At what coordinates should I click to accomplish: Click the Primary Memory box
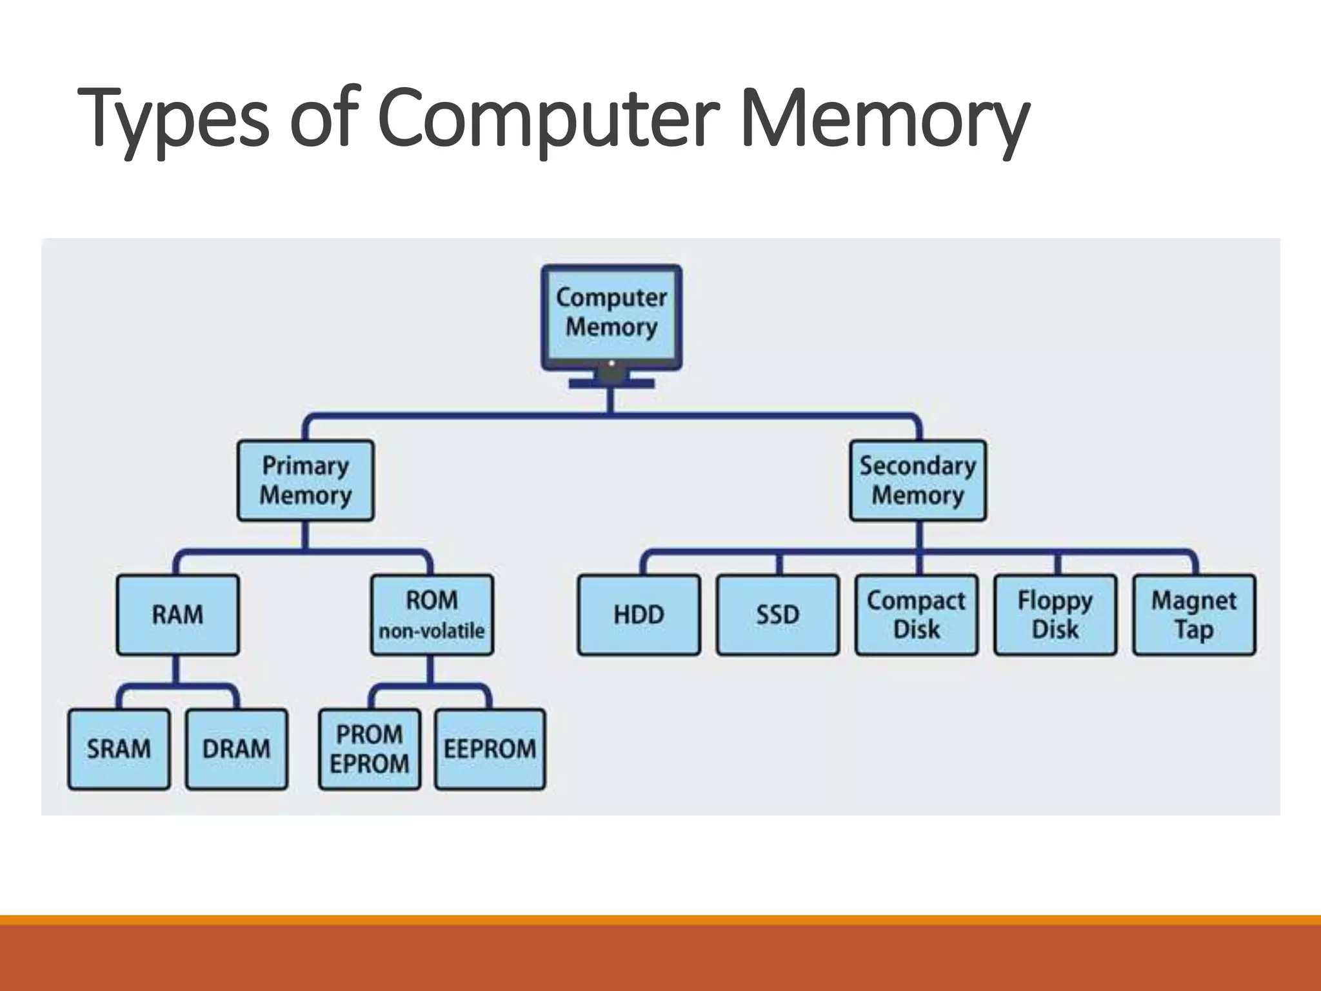point(305,481)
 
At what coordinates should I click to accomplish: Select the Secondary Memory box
point(917,481)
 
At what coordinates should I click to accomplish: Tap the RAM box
point(177,615)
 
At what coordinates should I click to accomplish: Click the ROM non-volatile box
point(432,615)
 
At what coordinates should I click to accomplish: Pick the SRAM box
point(119,749)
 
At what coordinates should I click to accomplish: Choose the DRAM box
point(236,749)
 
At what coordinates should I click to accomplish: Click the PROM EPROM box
point(369,749)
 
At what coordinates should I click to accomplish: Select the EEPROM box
point(490,749)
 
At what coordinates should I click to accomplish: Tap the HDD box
point(639,615)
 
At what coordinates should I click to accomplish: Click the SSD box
point(777,615)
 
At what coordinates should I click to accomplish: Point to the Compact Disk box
point(916,615)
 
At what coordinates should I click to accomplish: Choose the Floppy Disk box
point(1055,615)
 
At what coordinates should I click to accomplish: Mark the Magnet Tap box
point(1194,615)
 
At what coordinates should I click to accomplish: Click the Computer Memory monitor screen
point(611,314)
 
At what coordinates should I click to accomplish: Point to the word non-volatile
point(432,631)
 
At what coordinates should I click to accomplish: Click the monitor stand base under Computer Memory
point(611,384)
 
